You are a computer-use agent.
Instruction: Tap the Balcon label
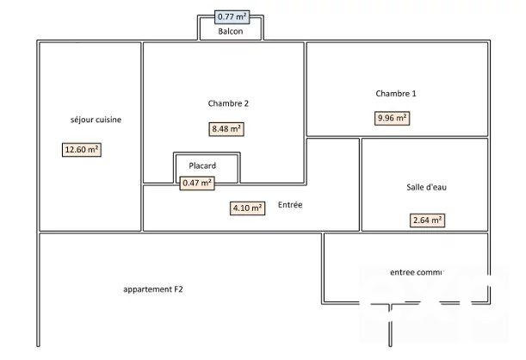pyautogui.click(x=230, y=32)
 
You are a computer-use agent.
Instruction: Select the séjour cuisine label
pyautogui.click(x=96, y=120)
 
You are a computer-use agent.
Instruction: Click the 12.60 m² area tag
pyautogui.click(x=82, y=149)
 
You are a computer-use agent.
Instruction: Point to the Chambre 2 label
pyautogui.click(x=228, y=103)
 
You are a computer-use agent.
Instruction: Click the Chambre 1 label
pyautogui.click(x=396, y=93)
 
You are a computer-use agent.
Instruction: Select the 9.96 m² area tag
pyautogui.click(x=392, y=118)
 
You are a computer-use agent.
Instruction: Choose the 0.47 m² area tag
pyautogui.click(x=197, y=183)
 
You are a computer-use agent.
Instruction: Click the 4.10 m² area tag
pyautogui.click(x=247, y=208)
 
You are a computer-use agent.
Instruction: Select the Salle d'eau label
pyautogui.click(x=426, y=188)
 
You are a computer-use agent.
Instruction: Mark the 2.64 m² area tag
pyautogui.click(x=427, y=220)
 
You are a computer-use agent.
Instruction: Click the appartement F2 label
pyautogui.click(x=153, y=289)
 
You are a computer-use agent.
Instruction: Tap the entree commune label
pyautogui.click(x=416, y=272)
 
